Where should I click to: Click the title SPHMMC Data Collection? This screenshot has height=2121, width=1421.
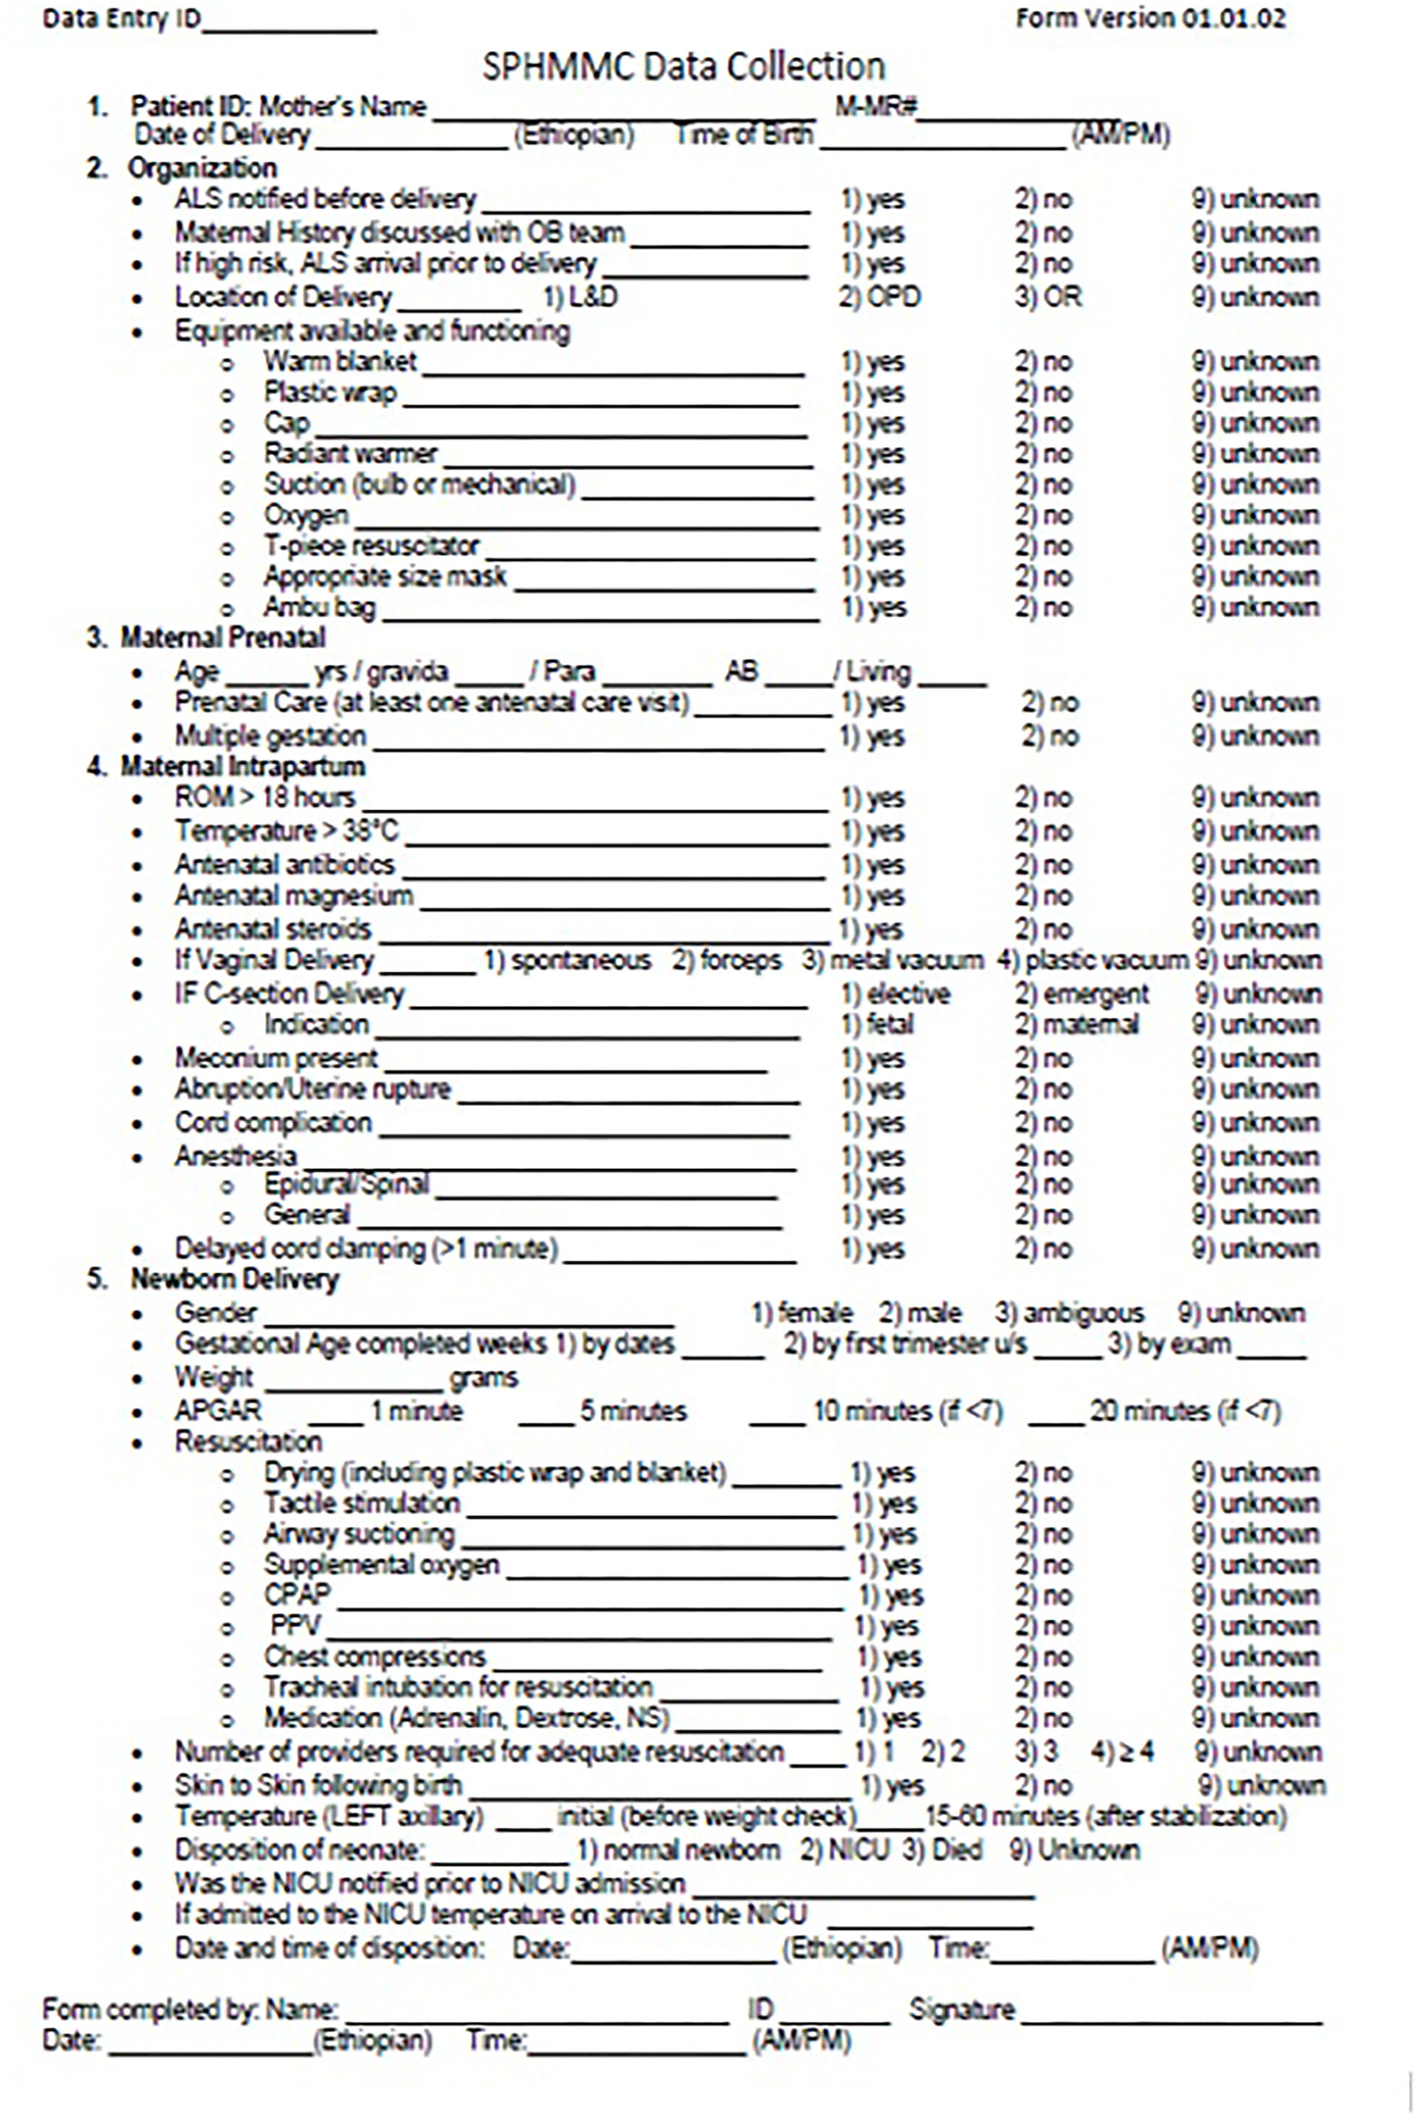tap(682, 67)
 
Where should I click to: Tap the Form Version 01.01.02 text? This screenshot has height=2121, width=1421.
tap(1150, 19)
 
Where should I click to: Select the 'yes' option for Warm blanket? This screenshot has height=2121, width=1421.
tap(872, 362)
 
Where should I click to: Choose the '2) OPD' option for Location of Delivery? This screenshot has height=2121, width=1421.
tap(879, 298)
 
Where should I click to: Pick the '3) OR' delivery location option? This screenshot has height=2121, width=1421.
tap(1047, 298)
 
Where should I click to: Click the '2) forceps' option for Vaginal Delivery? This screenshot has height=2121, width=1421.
tap(726, 960)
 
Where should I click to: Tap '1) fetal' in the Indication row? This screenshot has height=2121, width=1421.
tap(876, 1025)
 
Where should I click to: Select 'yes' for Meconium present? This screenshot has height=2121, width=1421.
tap(872, 1059)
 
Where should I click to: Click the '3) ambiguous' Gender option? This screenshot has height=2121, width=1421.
tap(1069, 1314)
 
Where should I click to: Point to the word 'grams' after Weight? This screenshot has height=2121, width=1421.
tap(483, 1379)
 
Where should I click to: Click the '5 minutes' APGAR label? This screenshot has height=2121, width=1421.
tap(633, 1411)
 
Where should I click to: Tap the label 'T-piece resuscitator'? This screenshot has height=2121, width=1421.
tap(372, 546)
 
